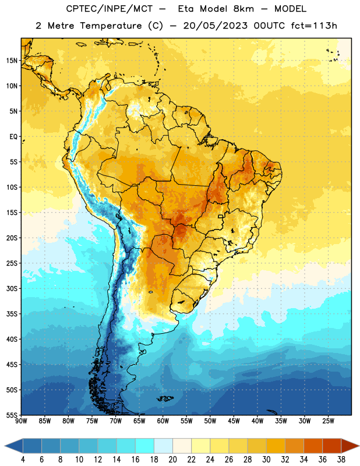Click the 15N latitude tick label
(12, 61)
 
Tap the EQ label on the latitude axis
(13, 137)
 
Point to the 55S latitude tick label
(12, 415)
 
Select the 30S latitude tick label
(12, 288)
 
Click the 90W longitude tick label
(21, 421)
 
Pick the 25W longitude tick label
(328, 421)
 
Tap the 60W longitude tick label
(163, 421)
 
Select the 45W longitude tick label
(234, 421)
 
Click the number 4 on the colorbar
(23, 460)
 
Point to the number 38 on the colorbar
(341, 460)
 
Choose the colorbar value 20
(172, 460)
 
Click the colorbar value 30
(266, 460)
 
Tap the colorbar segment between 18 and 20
(164, 446)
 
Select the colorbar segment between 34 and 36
(313, 446)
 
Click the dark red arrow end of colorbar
(350, 446)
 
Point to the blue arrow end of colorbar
(13, 446)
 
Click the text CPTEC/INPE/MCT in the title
(109, 9)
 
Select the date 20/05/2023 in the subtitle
(215, 26)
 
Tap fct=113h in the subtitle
(314, 26)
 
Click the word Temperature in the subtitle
(111, 26)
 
